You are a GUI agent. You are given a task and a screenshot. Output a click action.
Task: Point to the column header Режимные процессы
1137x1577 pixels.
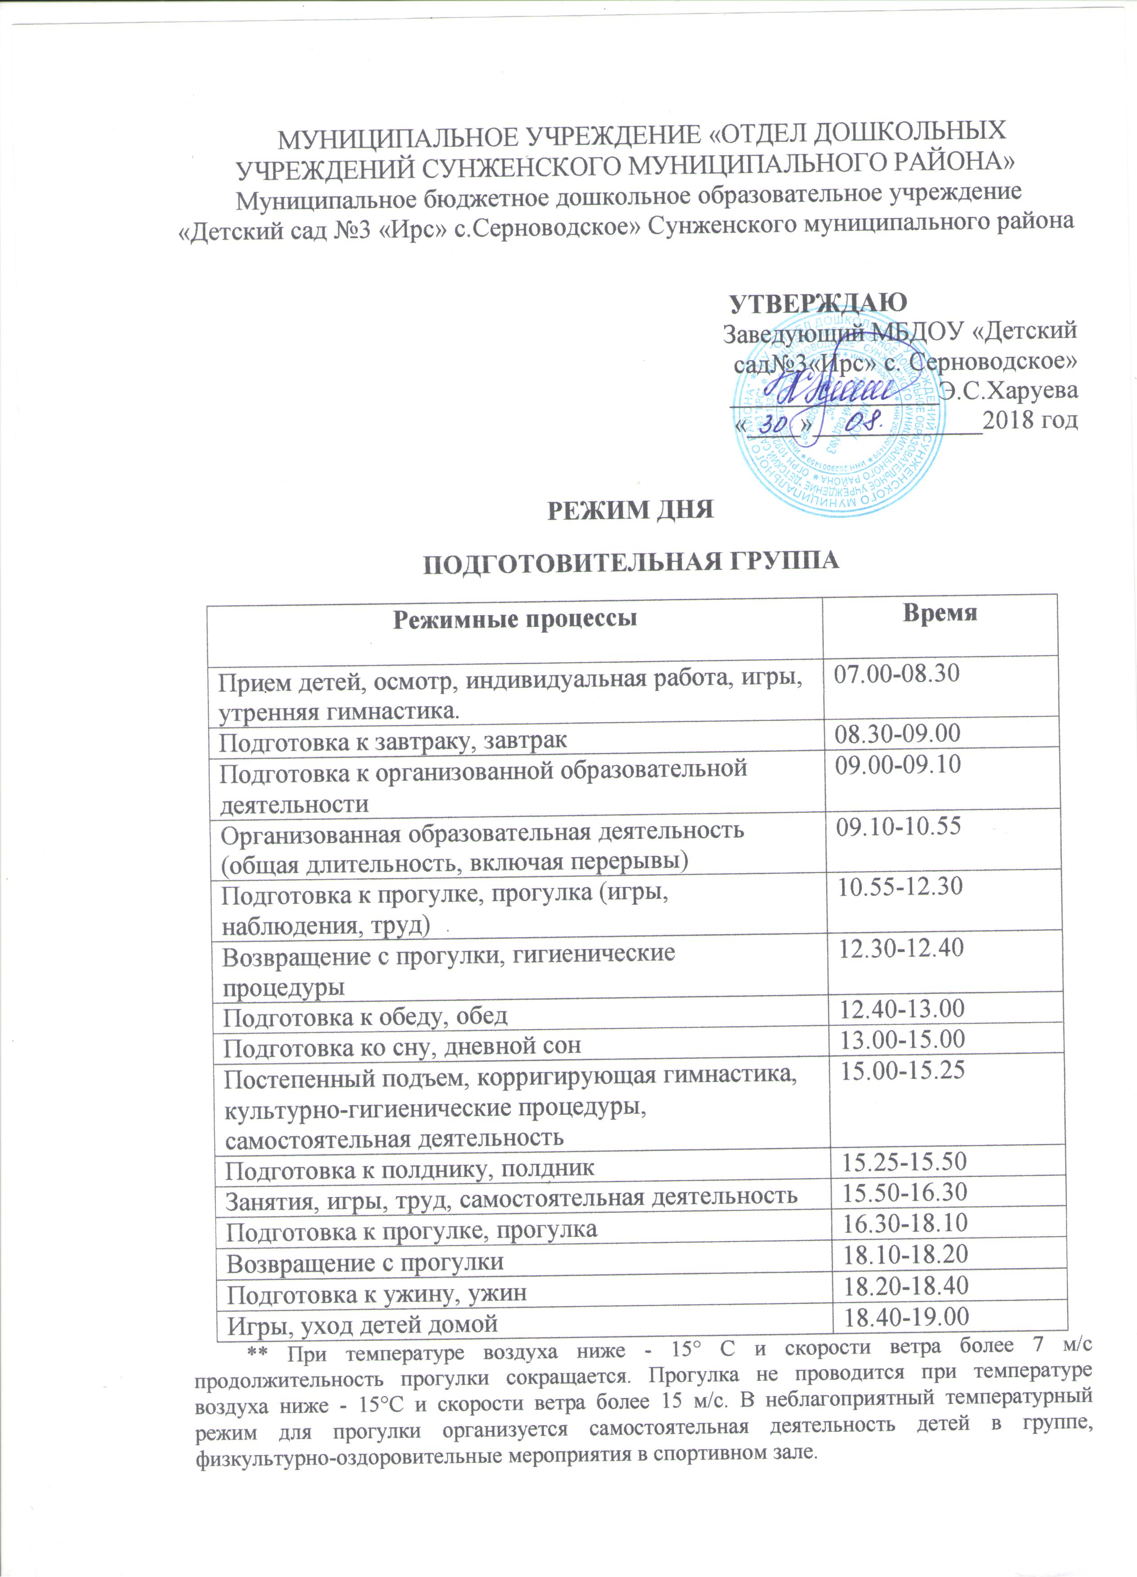click(x=515, y=619)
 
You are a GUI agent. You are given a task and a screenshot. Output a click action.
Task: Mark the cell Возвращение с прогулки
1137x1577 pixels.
click(x=365, y=1262)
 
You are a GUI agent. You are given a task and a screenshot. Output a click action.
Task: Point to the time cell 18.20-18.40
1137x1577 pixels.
click(x=906, y=1287)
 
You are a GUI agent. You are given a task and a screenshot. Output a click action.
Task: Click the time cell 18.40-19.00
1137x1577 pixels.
click(x=906, y=1316)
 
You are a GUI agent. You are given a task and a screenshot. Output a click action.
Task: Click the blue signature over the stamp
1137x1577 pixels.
click(x=828, y=393)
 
